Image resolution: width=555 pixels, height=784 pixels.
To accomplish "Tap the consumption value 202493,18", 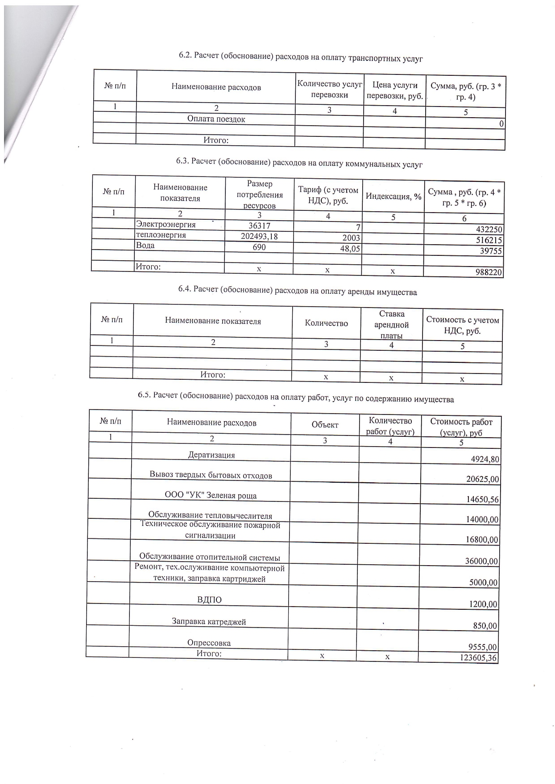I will coord(259,236).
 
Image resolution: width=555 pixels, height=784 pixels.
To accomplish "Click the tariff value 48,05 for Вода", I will coord(349,249).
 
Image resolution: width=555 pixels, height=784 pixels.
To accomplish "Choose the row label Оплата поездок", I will coord(216,119).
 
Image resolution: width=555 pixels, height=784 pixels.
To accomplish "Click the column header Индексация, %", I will coord(393,196).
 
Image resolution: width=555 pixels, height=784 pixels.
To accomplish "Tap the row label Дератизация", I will coord(211,455).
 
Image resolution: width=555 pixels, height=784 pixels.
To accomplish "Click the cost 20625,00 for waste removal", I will coord(482,480).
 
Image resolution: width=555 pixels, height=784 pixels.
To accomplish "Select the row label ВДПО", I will coord(209,599).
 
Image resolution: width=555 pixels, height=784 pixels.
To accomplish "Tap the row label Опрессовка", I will coord(209,643).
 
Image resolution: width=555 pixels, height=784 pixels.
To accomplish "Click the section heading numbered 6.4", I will coord(297,292).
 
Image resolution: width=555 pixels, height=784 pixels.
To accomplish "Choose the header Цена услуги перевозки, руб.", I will coord(394,90).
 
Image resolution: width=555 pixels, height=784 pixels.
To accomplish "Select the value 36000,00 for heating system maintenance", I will coord(481,561).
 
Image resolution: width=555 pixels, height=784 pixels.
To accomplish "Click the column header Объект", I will coord(325,425).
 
